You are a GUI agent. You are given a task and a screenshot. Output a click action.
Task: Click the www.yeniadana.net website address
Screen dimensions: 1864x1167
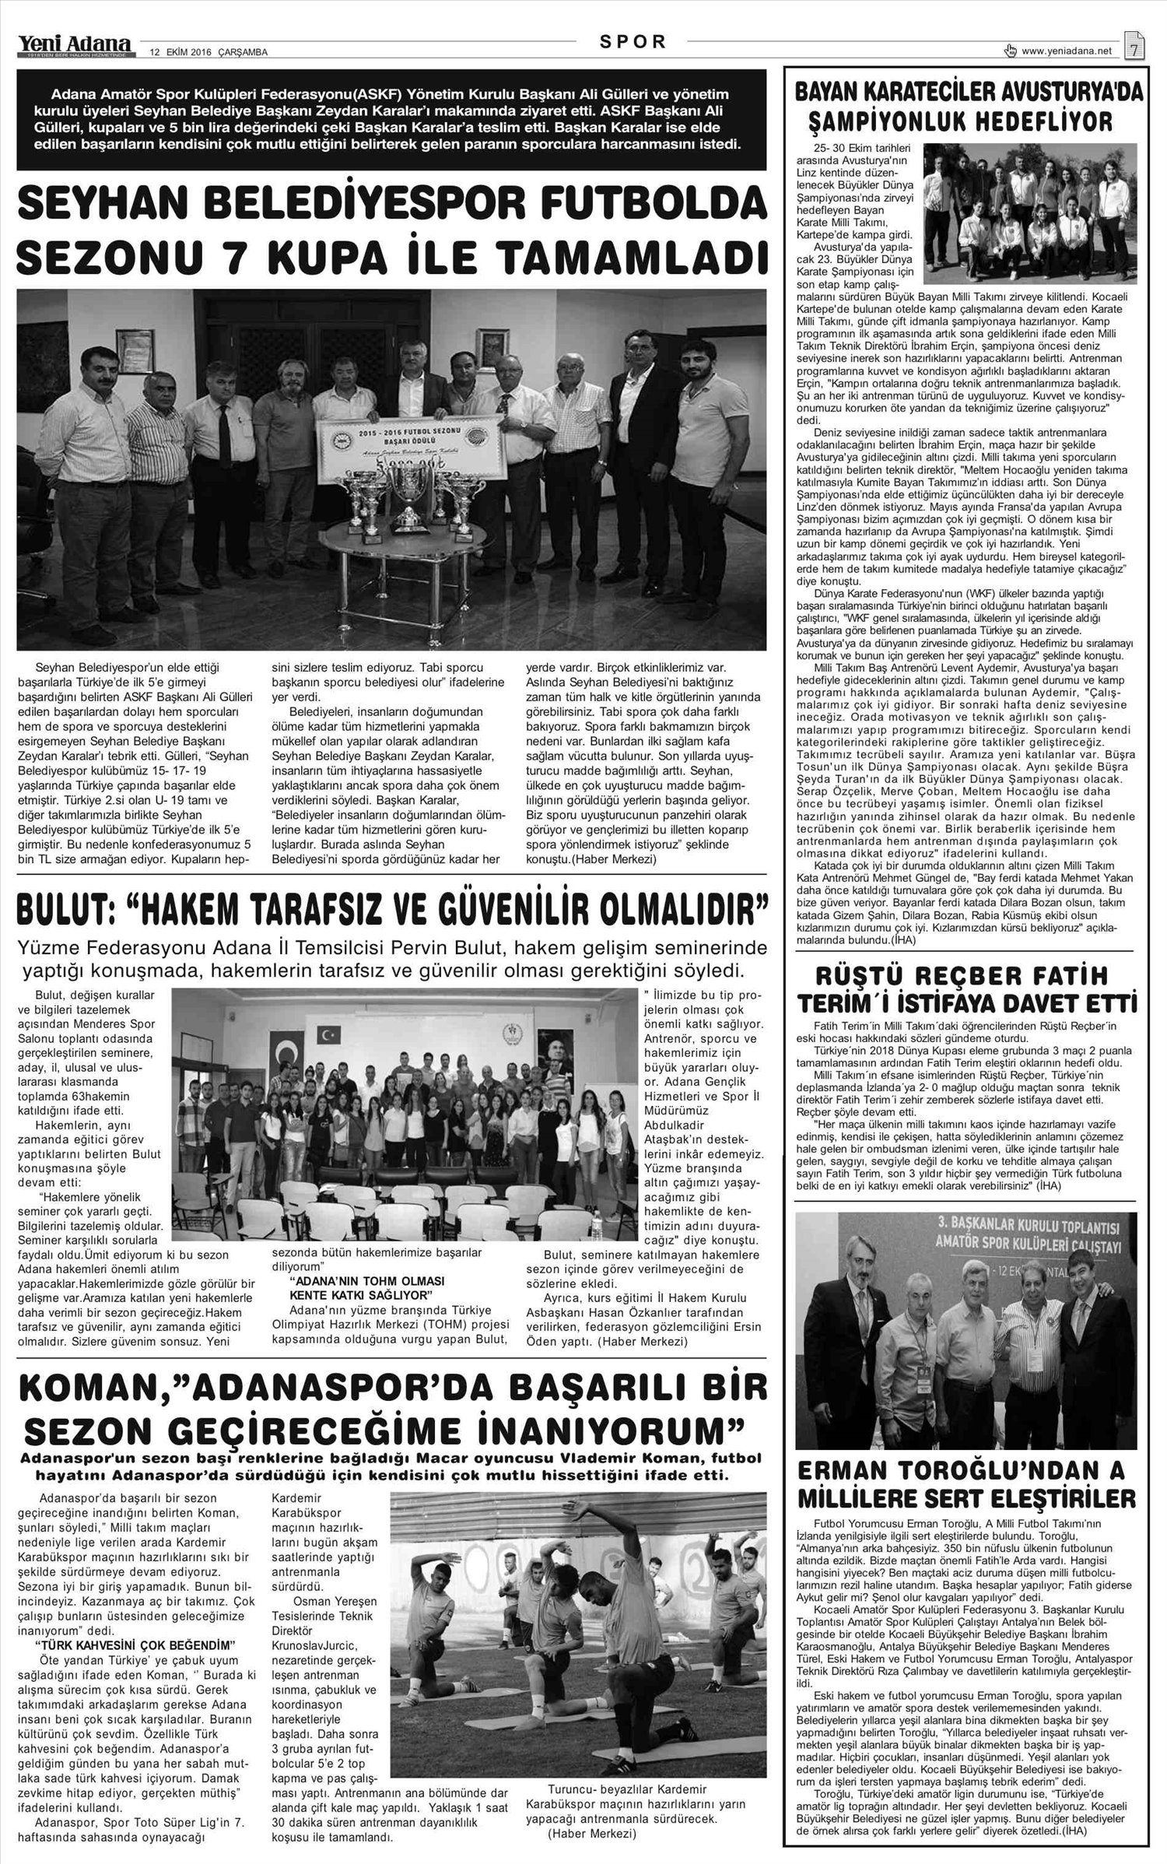pyautogui.click(x=1067, y=51)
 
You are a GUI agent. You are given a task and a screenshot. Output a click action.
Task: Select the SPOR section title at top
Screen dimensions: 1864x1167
pyautogui.click(x=633, y=43)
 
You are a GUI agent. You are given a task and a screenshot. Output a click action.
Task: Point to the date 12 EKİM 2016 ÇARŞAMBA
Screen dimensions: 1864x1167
pyautogui.click(x=208, y=53)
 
